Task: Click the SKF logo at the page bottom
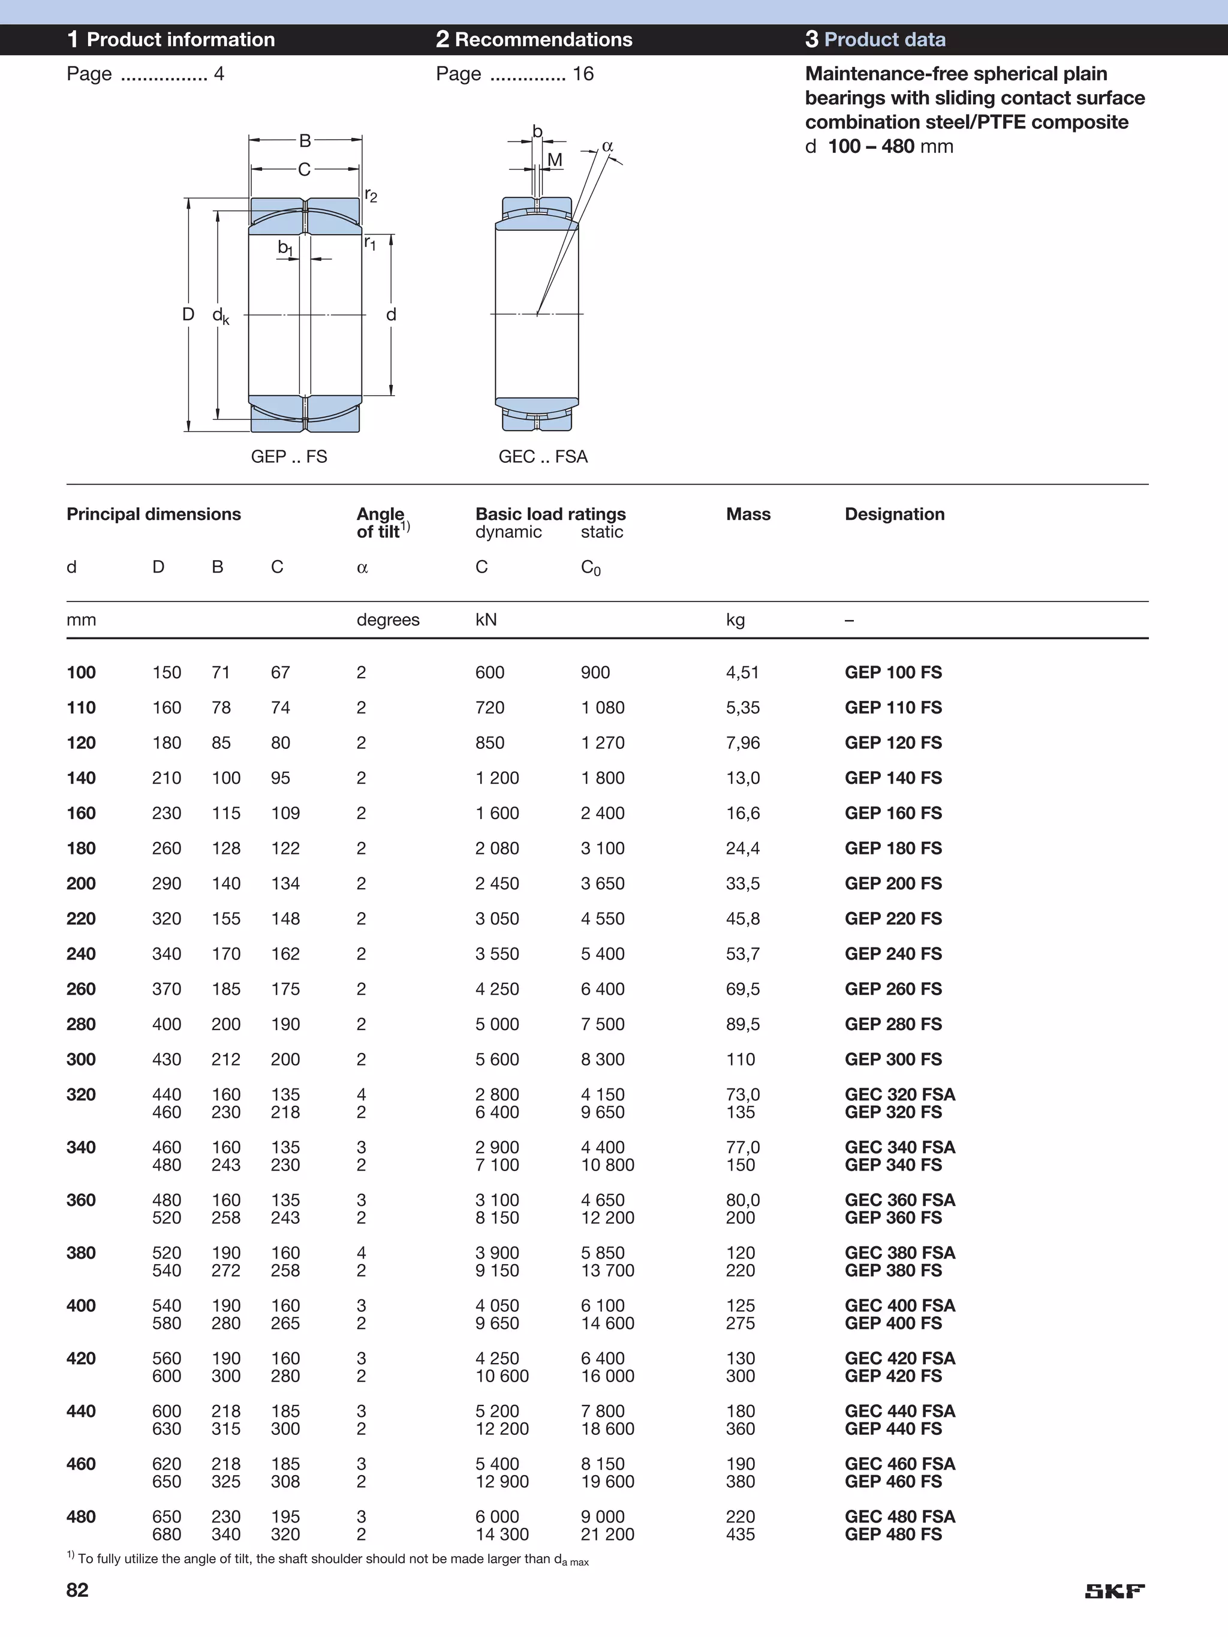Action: tap(1115, 1590)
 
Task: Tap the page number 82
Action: tap(78, 1590)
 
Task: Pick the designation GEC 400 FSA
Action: tap(899, 1305)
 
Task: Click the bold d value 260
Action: tap(82, 989)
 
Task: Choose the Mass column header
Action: tap(748, 514)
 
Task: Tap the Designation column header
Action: tap(894, 514)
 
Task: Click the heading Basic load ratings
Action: tap(550, 514)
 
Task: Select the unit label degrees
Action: tap(388, 619)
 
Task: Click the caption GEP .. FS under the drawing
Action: tap(288, 456)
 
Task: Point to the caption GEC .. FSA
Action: tap(543, 456)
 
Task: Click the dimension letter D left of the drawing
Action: tap(188, 315)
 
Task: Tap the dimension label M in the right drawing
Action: tap(555, 160)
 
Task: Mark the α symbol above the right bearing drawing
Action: tap(608, 146)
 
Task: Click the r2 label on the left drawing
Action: tap(371, 195)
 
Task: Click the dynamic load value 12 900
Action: tap(502, 1482)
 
